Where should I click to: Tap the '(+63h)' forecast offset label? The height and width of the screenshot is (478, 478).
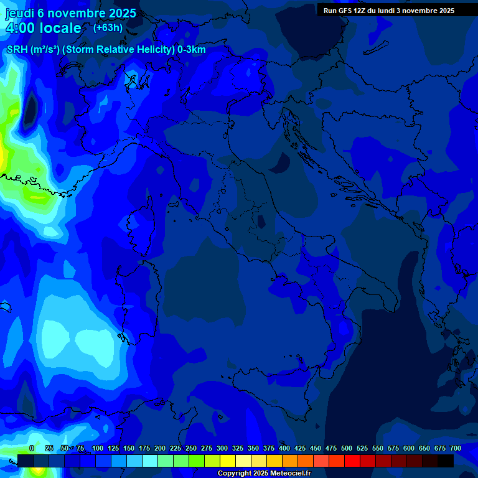click(108, 27)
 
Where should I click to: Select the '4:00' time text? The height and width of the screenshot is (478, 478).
click(20, 28)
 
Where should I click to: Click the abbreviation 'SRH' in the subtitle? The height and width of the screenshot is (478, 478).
click(17, 50)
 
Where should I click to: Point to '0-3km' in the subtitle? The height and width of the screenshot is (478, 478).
click(191, 50)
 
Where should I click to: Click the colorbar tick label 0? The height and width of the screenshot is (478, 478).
click(31, 448)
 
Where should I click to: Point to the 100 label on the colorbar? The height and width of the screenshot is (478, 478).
click(98, 448)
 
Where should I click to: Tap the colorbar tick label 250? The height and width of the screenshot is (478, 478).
click(191, 448)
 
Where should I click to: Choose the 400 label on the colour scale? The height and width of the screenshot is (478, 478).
click(284, 448)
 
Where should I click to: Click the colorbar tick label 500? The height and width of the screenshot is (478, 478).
click(347, 448)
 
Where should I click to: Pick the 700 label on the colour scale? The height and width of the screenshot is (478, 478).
click(456, 448)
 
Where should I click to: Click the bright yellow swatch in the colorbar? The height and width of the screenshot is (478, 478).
click(228, 461)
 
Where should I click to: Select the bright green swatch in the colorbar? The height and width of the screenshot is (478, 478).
click(197, 461)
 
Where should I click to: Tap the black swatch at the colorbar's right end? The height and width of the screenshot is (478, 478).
click(446, 461)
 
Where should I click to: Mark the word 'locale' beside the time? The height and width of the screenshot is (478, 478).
click(60, 28)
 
